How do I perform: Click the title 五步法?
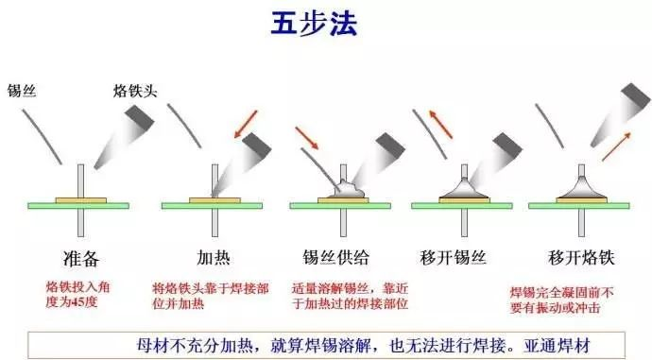pyautogui.click(x=314, y=24)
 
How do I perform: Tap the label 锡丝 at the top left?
pyautogui.click(x=22, y=90)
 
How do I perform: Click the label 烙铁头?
pyautogui.click(x=135, y=91)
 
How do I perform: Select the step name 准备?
pyautogui.click(x=81, y=259)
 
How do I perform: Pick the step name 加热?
pyautogui.click(x=214, y=258)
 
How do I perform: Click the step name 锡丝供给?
pyautogui.click(x=336, y=257)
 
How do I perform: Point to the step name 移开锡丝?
pyautogui.click(x=453, y=257)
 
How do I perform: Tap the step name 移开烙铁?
pyautogui.click(x=581, y=257)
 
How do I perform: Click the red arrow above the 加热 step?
pyautogui.click(x=246, y=124)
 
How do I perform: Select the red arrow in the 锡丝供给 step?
pyautogui.click(x=307, y=138)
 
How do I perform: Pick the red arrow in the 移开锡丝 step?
pyautogui.click(x=440, y=124)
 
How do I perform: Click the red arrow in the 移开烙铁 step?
pyautogui.click(x=617, y=146)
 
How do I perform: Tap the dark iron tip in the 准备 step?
pyautogui.click(x=140, y=117)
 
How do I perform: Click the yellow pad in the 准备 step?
pyautogui.click(x=81, y=200)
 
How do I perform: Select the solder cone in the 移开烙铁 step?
pyautogui.click(x=581, y=188)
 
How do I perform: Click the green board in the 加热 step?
pyautogui.click(x=212, y=206)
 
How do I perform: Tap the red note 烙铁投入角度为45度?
pyautogui.click(x=77, y=294)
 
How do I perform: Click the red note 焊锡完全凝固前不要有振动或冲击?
pyautogui.click(x=562, y=300)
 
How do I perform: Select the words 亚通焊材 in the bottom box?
pyautogui.click(x=558, y=345)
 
